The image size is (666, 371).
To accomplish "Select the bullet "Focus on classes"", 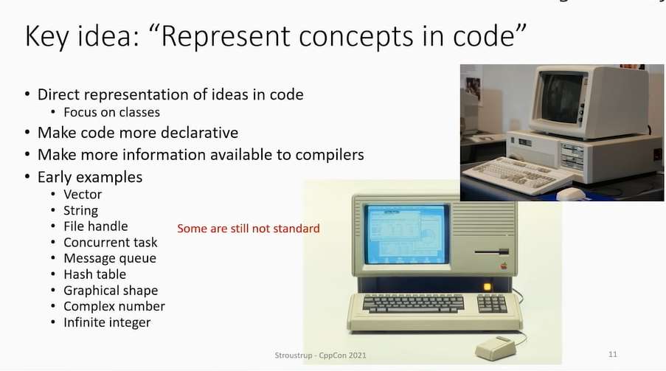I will [x=111, y=112].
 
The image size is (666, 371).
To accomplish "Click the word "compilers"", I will [x=324, y=155].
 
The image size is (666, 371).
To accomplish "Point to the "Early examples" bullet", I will [x=89, y=177].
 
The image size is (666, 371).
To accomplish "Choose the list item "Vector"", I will [x=83, y=195].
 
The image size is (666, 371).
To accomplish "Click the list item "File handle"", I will [x=95, y=226].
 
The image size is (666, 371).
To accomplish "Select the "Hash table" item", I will [x=94, y=274].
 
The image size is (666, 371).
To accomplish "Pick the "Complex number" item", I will [x=114, y=306].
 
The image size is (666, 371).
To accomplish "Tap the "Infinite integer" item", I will [x=106, y=322].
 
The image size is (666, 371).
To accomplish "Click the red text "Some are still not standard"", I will [x=249, y=229].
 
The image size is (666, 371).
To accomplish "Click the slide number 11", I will [x=613, y=355].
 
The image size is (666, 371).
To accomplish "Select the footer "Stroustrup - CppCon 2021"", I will [x=316, y=356].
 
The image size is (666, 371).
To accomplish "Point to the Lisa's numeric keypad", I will [x=492, y=302].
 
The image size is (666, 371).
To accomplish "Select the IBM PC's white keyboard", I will [x=516, y=176].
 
